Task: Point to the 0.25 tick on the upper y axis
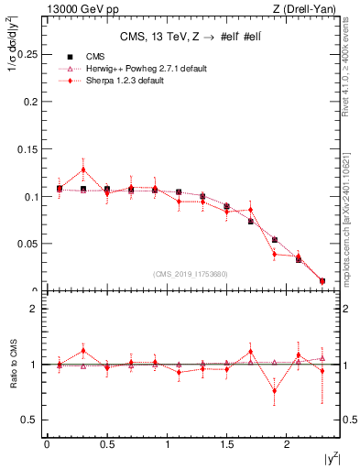(28, 54)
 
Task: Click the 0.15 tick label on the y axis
(28, 148)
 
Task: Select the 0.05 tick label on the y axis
(28, 244)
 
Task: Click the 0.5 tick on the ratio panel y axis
(33, 420)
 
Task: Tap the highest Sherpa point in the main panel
(83, 169)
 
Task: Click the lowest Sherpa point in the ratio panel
(274, 391)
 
